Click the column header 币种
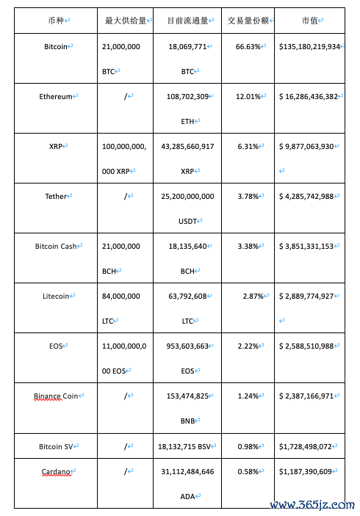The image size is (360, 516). (55, 21)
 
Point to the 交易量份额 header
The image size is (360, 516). (248, 21)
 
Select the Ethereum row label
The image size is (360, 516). (56, 96)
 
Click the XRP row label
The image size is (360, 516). (56, 146)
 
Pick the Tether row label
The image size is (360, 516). (56, 196)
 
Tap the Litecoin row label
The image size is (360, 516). (56, 296)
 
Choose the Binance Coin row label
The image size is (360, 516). (56, 396)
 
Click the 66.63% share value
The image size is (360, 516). (248, 46)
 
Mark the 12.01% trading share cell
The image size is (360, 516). (248, 96)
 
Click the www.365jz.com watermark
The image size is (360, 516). (312, 505)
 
